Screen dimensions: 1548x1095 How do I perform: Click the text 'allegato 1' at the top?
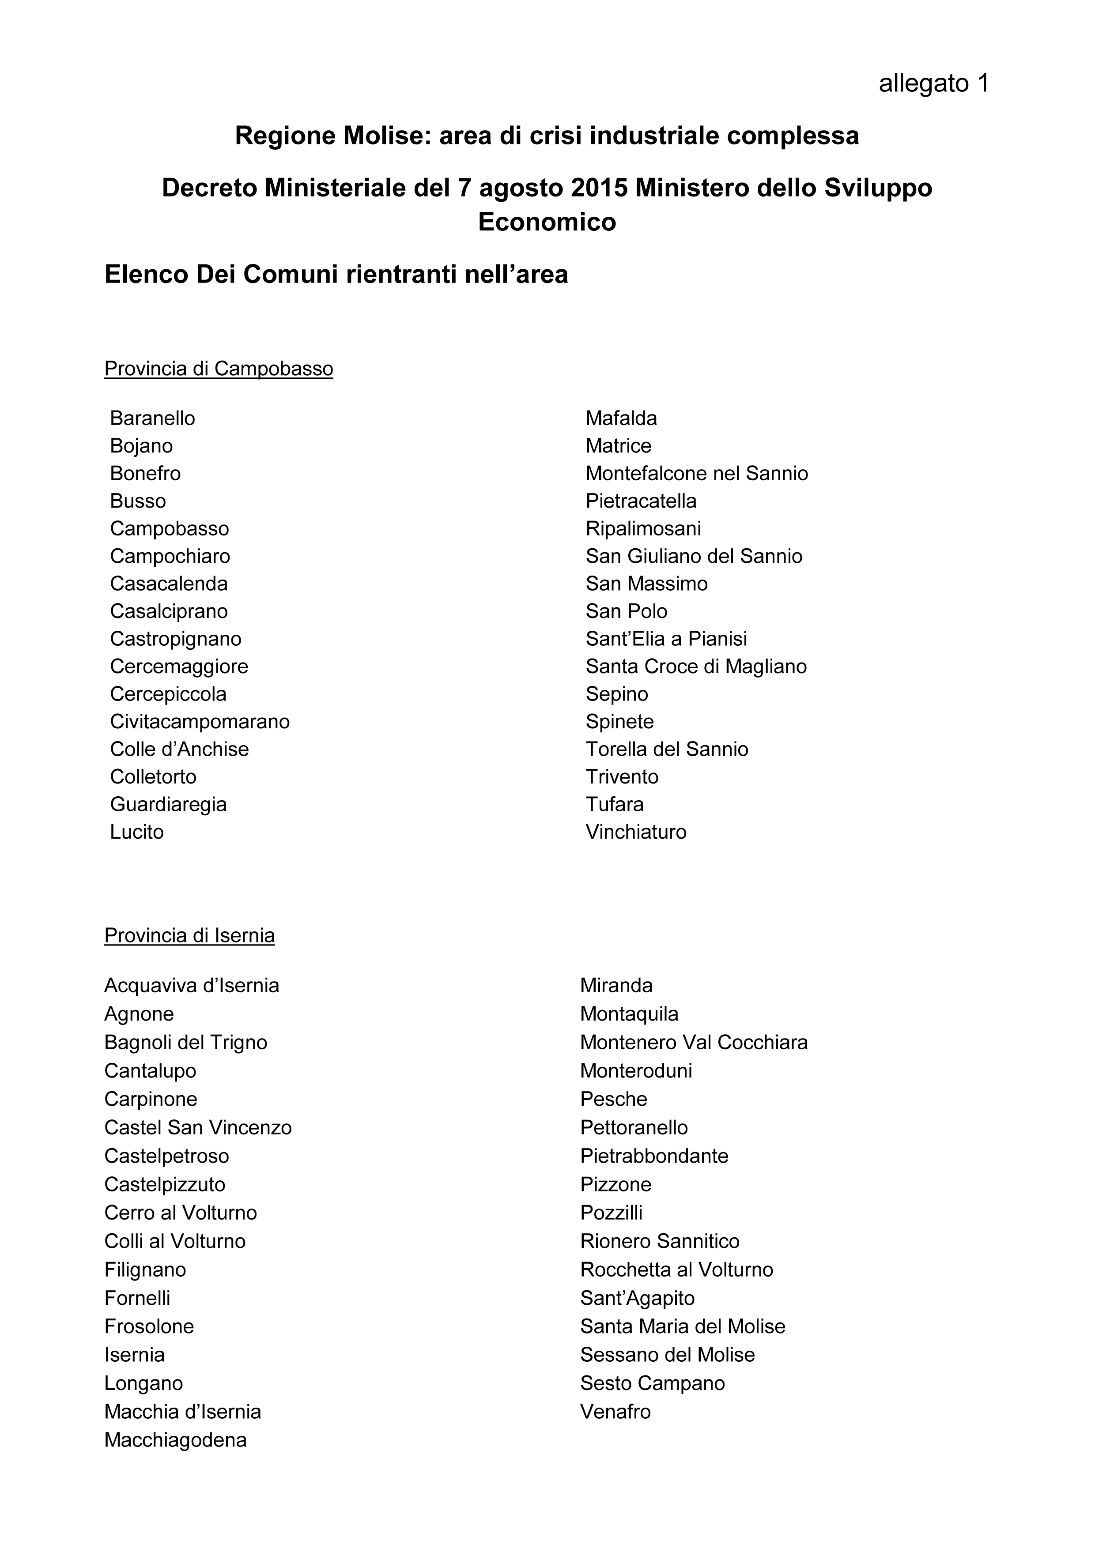[x=933, y=83]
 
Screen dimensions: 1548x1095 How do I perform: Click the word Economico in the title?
[x=547, y=222]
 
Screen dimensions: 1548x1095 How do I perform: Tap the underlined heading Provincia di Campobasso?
[x=219, y=369]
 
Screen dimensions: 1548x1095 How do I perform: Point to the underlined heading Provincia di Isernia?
[x=189, y=936]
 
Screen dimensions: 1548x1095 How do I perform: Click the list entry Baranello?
[x=152, y=419]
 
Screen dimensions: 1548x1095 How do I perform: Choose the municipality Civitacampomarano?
[x=200, y=722]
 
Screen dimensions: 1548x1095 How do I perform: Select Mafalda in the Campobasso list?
[x=621, y=419]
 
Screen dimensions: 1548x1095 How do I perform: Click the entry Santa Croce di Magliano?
[x=696, y=667]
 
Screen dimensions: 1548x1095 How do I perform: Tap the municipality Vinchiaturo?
[x=636, y=832]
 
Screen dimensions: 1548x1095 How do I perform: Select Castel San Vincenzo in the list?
[x=197, y=1127]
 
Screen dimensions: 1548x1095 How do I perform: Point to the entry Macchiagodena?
[x=175, y=1440]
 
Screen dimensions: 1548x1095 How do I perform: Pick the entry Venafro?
[x=615, y=1411]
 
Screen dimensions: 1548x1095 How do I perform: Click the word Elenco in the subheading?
[x=146, y=275]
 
